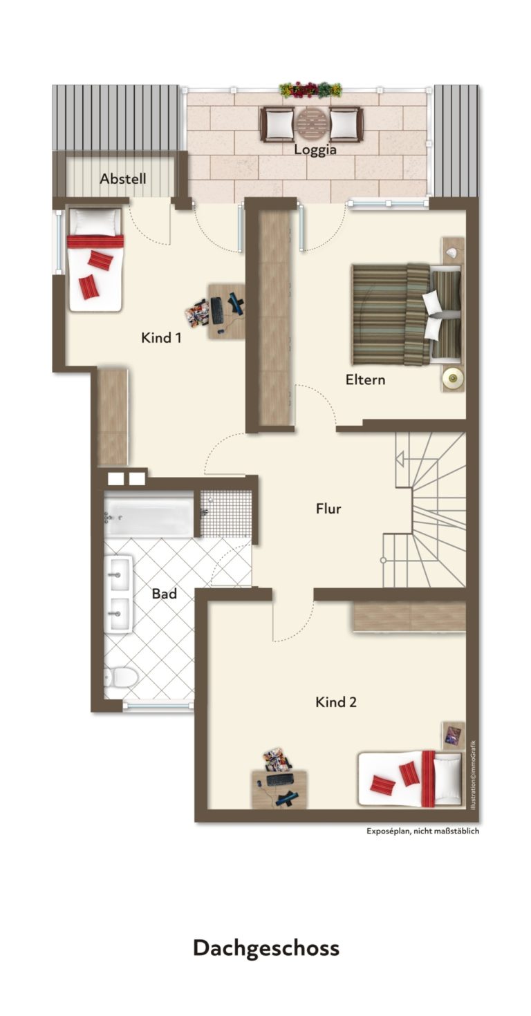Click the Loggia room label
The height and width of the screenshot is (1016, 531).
(x=315, y=149)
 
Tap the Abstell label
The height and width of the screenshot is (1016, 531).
(x=123, y=179)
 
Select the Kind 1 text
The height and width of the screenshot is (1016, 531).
(x=161, y=338)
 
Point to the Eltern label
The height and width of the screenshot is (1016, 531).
(x=365, y=379)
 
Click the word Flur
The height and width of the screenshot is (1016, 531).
(x=328, y=509)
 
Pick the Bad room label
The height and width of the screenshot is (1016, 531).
(x=165, y=594)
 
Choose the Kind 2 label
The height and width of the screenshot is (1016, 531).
(x=336, y=703)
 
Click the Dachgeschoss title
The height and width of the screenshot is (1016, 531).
(x=266, y=948)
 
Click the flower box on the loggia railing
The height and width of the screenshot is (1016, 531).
(x=310, y=90)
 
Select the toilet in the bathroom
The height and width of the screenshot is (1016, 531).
(x=120, y=678)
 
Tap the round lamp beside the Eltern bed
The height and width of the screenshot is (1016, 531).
(x=452, y=377)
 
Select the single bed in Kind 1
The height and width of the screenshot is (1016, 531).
(x=95, y=259)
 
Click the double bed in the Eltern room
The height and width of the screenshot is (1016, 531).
(x=406, y=314)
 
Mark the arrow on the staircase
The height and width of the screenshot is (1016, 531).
(x=400, y=459)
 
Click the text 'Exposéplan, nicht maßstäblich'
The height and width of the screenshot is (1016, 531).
(x=423, y=831)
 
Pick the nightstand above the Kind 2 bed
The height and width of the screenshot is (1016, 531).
(x=454, y=735)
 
